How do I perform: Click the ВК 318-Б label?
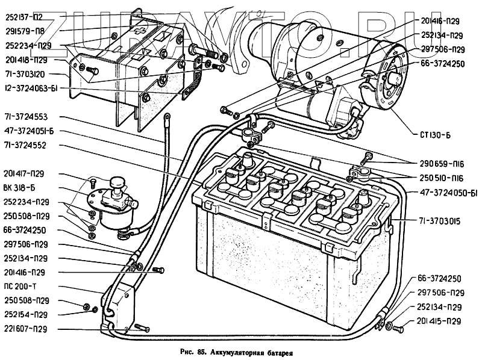[x=19, y=188]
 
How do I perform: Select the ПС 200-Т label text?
[x=20, y=286]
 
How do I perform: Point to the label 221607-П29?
[x=26, y=329]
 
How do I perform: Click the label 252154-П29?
[x=26, y=314]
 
